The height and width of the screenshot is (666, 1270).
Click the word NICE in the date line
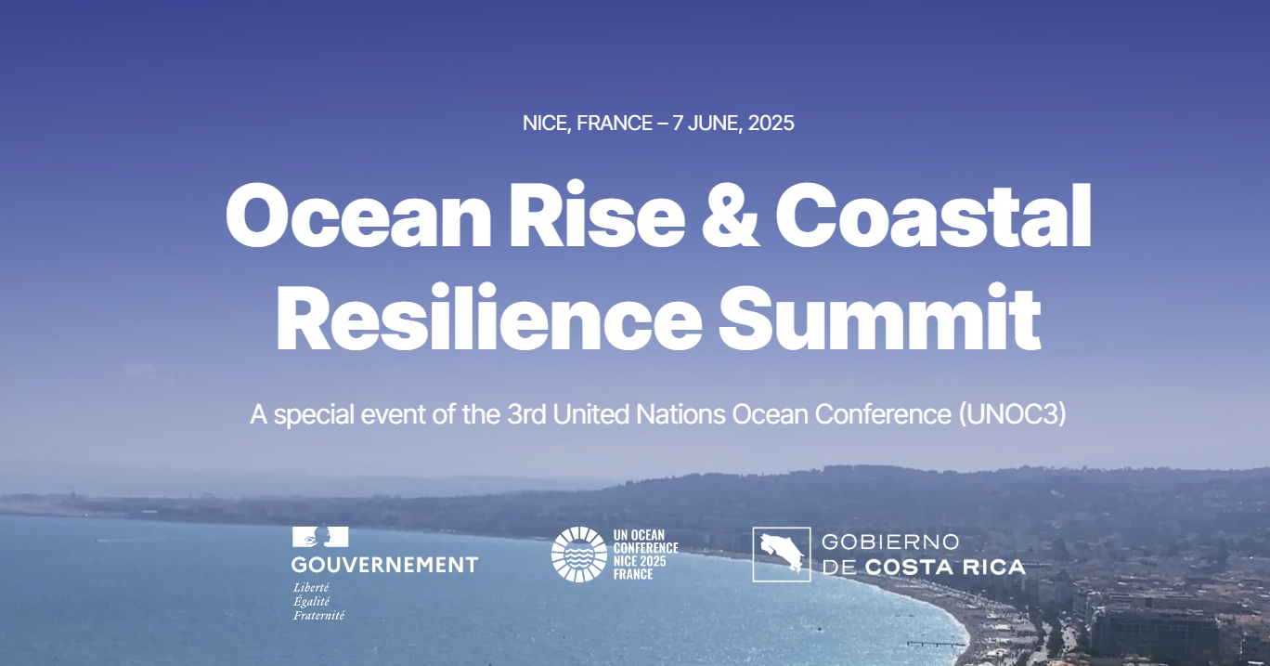547,124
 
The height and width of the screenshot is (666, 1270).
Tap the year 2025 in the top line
771,124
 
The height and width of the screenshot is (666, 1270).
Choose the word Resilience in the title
488,318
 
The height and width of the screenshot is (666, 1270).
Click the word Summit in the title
880,318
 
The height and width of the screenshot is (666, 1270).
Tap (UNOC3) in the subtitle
1013,414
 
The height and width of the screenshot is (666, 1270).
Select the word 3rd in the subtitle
526,414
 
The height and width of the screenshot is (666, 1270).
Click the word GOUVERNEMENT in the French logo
384,565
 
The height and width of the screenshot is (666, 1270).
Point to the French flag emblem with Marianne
320,537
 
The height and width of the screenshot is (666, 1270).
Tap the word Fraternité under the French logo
318,615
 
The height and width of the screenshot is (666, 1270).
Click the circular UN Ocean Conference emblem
579,555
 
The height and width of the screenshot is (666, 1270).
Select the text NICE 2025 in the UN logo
640,561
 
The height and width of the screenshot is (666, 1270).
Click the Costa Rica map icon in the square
782,555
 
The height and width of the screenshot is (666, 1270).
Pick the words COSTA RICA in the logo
945,568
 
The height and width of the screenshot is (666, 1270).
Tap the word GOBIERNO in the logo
890,542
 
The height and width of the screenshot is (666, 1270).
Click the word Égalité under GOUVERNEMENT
311,601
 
